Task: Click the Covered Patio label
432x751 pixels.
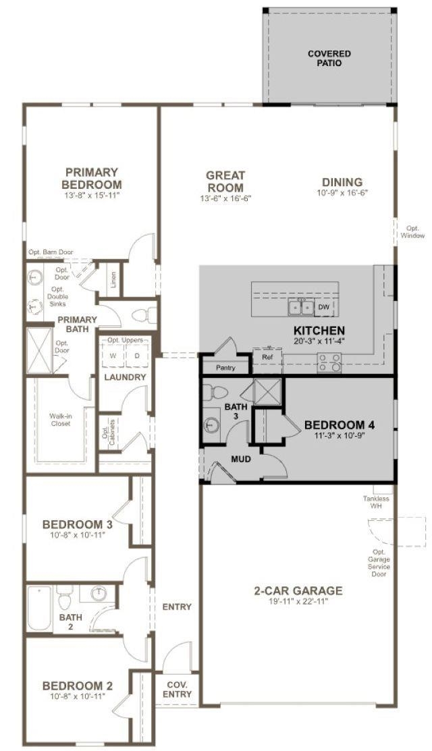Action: coord(329,59)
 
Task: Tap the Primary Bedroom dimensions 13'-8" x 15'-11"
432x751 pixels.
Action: coord(91,195)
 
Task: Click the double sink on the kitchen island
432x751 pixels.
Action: coord(301,307)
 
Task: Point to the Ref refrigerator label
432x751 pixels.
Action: coord(267,356)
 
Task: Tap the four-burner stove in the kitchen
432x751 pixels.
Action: coord(330,362)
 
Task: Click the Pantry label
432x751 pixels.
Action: coord(225,368)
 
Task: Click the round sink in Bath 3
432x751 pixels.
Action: coord(211,424)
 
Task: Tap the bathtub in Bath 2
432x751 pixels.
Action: coord(38,608)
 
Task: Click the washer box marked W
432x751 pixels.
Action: coord(113,356)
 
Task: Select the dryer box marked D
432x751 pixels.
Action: coord(137,356)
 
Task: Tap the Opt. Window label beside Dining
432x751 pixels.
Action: coord(412,232)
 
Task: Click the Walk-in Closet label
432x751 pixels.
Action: coord(60,420)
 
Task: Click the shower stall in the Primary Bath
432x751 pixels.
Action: coord(38,350)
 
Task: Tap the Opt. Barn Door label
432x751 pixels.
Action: coord(51,252)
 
